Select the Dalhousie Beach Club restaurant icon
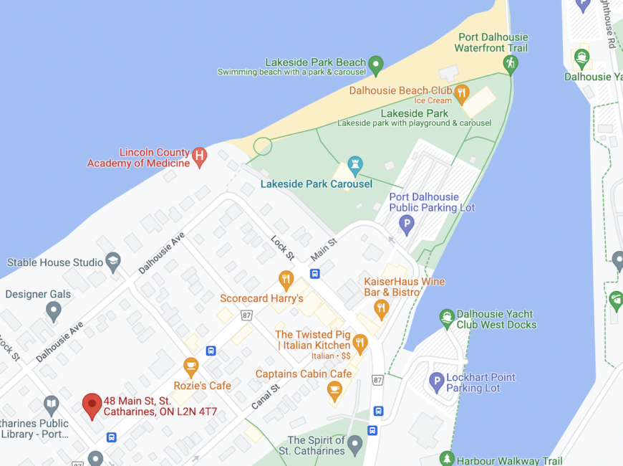point(461,91)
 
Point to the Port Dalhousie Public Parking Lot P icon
point(407,224)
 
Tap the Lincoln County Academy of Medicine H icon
point(200,156)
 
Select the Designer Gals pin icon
point(54,310)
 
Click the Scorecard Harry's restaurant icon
point(286,279)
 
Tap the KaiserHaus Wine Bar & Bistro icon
point(381,309)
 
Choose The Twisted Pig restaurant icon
point(360,343)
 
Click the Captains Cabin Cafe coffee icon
point(334,390)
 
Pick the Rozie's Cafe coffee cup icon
point(190,367)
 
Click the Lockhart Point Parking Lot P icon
point(437,382)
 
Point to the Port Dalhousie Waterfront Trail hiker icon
point(511,63)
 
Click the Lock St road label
point(282,247)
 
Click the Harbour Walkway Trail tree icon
point(448,458)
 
